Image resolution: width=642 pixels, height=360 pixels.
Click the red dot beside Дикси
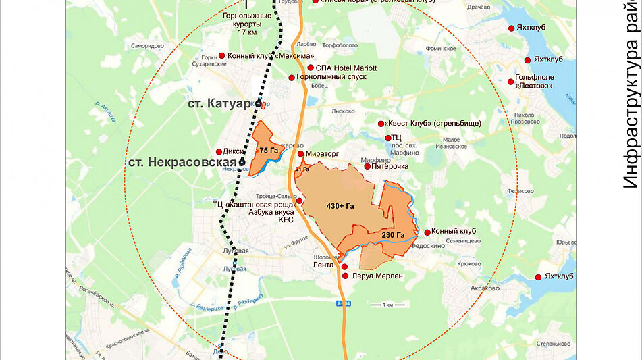coord(219,152)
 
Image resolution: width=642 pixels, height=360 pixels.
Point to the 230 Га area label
coord(393,235)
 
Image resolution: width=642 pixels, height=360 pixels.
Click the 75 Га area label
coord(269,150)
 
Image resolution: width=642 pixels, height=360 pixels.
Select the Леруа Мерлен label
coord(377,276)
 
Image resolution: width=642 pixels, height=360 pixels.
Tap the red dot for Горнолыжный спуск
coord(292,78)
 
